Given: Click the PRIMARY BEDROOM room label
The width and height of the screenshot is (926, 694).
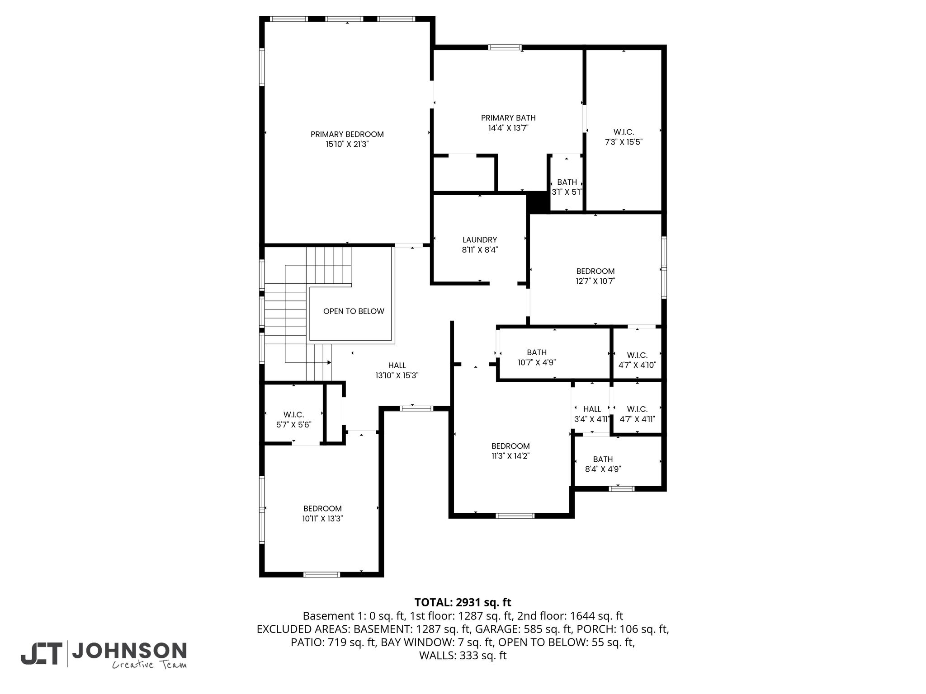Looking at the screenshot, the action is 347,134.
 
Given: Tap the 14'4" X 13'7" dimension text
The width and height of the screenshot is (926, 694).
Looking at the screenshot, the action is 508,128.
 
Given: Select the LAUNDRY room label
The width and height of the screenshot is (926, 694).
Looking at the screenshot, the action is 480,240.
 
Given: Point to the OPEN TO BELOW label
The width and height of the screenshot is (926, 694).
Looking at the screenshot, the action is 354,311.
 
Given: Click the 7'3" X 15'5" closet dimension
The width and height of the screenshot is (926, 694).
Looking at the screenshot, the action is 624,142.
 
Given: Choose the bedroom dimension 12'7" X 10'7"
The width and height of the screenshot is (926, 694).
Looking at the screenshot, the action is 595,281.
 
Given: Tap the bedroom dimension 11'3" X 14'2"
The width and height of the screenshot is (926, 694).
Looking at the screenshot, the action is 510,456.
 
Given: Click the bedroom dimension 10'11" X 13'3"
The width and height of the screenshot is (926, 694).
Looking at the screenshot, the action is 322,519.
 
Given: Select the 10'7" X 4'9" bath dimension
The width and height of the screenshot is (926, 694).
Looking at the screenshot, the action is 537,362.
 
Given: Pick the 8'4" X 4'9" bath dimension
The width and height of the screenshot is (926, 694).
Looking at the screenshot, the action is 603,469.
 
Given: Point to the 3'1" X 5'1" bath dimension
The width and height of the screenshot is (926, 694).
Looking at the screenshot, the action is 567,192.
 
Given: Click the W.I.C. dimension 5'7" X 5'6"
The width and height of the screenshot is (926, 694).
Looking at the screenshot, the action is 293,425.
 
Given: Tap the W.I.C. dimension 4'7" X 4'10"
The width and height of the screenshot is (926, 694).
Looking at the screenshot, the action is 637,365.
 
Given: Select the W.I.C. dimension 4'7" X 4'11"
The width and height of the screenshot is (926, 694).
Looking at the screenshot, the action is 637,419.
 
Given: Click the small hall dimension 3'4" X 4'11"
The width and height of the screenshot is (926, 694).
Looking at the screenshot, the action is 592,419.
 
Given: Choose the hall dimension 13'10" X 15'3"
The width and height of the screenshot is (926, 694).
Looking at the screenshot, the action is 397,375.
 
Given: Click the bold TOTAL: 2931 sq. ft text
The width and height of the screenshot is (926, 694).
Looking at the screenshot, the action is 463,602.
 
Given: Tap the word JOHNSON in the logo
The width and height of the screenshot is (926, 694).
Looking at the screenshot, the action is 129,651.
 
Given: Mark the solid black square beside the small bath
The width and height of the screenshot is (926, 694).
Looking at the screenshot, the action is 538,202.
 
